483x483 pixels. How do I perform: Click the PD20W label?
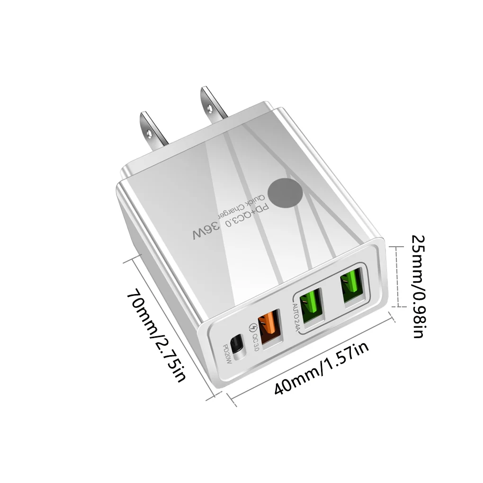[227, 355]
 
